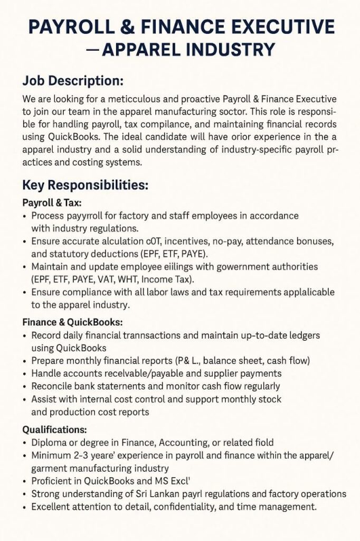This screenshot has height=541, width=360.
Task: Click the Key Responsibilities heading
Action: click(85, 186)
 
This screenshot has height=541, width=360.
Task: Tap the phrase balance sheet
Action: click(232, 361)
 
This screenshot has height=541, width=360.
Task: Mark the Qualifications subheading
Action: click(54, 430)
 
